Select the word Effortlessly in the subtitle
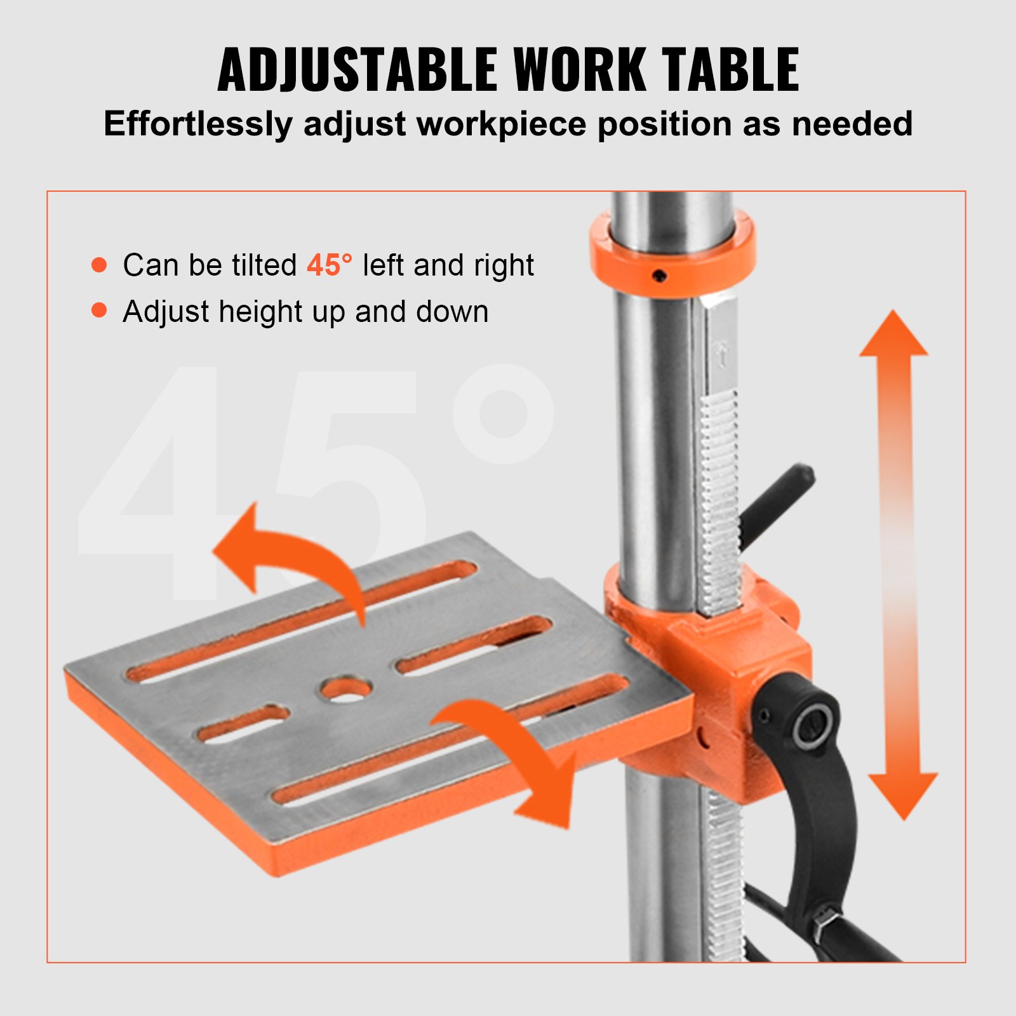coord(197,124)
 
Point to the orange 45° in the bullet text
coord(329,265)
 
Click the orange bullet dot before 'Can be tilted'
coord(99,264)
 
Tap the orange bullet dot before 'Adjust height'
coord(99,310)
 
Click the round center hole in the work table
coord(346,689)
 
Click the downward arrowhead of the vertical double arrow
coord(903,794)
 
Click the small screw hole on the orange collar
coord(660,276)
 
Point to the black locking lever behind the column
coord(778,502)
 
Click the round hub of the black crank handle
coord(812,724)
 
